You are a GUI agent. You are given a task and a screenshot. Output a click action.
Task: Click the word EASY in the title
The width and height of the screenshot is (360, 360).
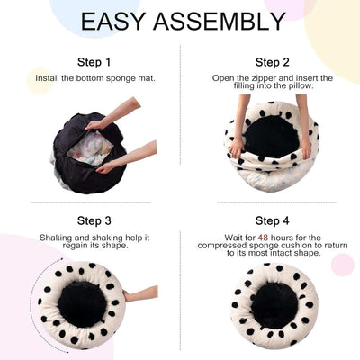(x=112, y=22)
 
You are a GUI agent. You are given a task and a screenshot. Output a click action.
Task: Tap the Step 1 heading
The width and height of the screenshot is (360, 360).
(x=94, y=62)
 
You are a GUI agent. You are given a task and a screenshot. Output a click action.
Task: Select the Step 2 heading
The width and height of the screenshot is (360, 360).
(x=273, y=62)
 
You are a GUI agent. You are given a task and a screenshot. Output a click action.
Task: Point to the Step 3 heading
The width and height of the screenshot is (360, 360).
(x=94, y=221)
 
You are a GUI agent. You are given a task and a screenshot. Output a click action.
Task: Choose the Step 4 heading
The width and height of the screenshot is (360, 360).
(x=273, y=221)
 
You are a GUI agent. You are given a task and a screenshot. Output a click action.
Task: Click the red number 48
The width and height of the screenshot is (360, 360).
(x=263, y=238)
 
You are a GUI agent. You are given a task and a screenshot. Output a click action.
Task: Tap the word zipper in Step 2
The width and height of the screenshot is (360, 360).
(x=263, y=78)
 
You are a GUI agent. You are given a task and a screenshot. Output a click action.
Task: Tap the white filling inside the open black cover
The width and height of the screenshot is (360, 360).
(x=91, y=148)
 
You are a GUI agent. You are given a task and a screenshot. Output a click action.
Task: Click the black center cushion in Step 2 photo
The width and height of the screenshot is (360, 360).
(x=271, y=137)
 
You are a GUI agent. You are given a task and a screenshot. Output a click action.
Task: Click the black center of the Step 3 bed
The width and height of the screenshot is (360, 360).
(x=82, y=304)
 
